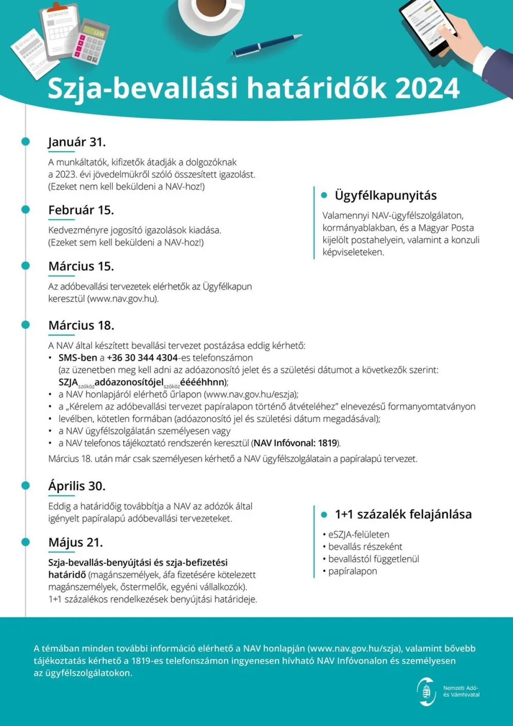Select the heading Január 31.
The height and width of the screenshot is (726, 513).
tap(77, 142)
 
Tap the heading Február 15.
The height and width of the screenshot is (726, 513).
tap(81, 210)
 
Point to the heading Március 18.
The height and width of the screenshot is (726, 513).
tap(81, 326)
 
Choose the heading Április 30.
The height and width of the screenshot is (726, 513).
tap(77, 486)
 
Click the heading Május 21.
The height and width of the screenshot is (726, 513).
tap(75, 543)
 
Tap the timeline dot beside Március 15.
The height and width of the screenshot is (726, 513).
tap(26, 265)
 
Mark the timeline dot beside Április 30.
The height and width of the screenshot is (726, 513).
tap(26, 485)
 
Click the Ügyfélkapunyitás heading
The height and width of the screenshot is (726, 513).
tap(385, 196)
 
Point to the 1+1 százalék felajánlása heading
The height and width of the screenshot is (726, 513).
tap(403, 514)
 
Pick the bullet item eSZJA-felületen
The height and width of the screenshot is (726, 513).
tap(358, 534)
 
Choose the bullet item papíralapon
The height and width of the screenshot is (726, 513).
tap(352, 571)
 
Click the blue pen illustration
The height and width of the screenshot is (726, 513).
tap(266, 45)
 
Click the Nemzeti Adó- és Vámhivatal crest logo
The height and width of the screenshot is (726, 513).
tap(426, 691)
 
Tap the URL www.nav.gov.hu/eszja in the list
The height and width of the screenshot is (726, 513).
tap(251, 394)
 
